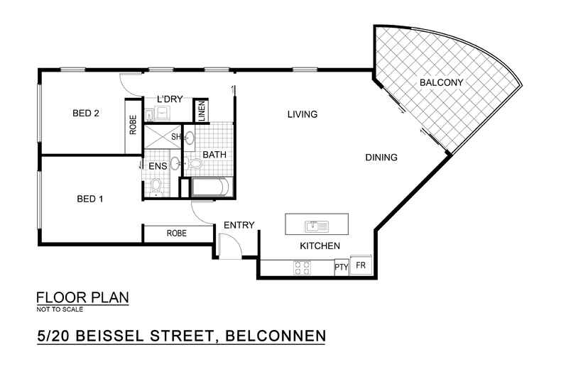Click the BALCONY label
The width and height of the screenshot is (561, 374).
tap(441, 83)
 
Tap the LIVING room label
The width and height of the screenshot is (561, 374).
tap(301, 114)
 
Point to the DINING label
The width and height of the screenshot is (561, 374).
tap(381, 158)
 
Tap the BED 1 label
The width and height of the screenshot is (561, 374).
tap(90, 199)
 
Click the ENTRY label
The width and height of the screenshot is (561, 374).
tap(239, 225)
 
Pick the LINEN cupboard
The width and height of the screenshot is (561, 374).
tap(202, 110)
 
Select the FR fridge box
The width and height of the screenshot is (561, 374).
tap(361, 266)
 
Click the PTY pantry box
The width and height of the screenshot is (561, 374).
tap(342, 267)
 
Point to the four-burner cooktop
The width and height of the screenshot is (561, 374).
tap(301, 268)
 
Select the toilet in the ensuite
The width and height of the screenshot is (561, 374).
tap(156, 187)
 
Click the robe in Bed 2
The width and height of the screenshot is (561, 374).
tap(133, 125)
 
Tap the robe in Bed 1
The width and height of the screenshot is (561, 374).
tap(177, 233)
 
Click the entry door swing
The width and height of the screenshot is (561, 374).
tap(229, 246)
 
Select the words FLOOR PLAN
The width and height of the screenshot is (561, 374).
tap(82, 297)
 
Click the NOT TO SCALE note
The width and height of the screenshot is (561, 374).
tap(60, 309)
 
